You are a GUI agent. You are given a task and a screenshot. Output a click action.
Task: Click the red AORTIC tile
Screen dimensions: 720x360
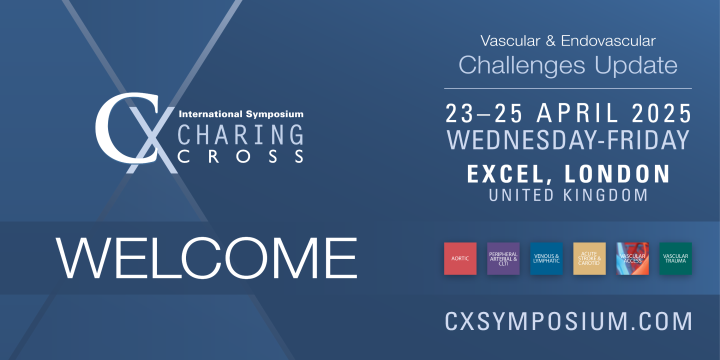pos(460,258)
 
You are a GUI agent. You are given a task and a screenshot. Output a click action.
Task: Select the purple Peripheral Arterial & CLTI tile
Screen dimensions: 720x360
pos(503,258)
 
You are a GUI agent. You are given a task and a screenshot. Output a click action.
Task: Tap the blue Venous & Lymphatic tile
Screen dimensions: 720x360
pos(546,258)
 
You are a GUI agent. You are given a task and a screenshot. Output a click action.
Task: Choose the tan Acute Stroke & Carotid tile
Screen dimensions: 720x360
pos(589,258)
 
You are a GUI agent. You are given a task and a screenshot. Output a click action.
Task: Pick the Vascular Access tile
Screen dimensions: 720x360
pos(632,258)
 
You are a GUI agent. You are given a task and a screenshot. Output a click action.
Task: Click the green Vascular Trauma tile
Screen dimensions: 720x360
pos(675,258)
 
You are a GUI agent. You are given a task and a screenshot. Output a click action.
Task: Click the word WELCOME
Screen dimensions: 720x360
pos(206,258)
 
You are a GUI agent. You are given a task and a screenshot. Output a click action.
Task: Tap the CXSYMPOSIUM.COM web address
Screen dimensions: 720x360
pos(568,321)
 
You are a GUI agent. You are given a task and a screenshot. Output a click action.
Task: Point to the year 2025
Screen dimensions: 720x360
pos(661,113)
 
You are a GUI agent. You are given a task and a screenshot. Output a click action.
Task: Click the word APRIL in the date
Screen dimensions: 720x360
pos(577,113)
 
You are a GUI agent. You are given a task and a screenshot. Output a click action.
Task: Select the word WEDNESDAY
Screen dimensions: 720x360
pos(521,140)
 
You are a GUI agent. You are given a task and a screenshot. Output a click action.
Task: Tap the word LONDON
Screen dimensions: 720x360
pos(617,174)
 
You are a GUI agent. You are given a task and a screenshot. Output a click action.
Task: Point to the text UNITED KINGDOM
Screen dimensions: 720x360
pos(568,195)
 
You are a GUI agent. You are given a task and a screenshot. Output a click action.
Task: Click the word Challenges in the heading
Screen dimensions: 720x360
pos(521,65)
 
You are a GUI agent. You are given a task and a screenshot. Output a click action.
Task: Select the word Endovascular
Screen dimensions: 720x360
pos(608,41)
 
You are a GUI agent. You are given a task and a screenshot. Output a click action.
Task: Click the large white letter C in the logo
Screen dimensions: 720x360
pos(126,128)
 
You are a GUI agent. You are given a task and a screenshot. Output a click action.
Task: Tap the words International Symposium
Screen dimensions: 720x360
pos(241,114)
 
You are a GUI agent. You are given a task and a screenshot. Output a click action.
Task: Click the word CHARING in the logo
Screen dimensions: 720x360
pos(240,134)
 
